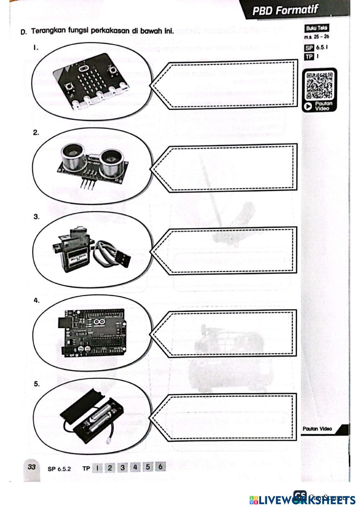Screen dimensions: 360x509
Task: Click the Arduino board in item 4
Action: click(92, 332)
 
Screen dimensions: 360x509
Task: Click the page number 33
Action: click(31, 467)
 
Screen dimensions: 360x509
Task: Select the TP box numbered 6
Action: click(160, 467)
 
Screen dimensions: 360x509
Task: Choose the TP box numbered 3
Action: click(122, 467)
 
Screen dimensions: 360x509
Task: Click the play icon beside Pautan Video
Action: click(308, 106)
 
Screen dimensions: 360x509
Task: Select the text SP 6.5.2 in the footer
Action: click(59, 469)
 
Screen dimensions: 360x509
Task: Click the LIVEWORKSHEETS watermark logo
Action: click(302, 500)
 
